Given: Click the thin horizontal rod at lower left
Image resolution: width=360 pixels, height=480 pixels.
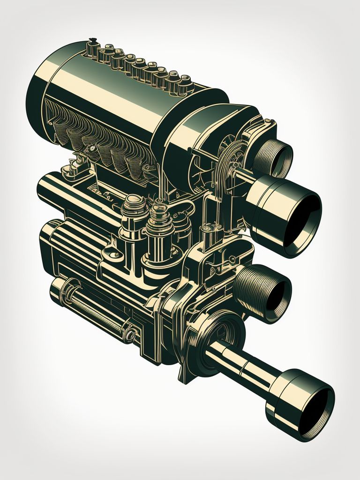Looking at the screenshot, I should [94, 307].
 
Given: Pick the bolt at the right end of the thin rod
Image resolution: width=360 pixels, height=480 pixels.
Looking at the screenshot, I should [129, 334].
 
